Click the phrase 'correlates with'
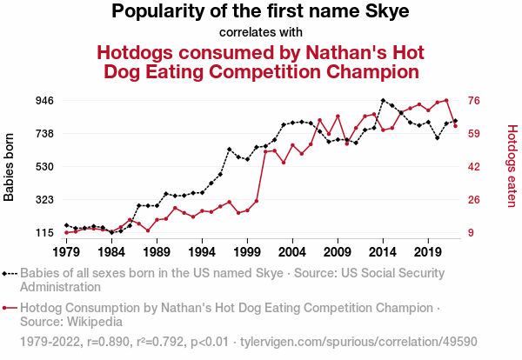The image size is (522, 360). (260, 33)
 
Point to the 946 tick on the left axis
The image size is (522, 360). (44, 101)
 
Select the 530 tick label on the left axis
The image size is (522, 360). (44, 167)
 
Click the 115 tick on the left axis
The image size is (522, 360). (44, 233)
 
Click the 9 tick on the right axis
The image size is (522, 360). (472, 233)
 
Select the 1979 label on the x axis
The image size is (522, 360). (66, 252)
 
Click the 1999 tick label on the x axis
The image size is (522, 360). (247, 252)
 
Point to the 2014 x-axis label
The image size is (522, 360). (383, 252)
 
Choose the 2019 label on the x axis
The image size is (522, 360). (428, 252)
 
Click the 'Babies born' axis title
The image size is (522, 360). (10, 167)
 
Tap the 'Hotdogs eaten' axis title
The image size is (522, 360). (512, 167)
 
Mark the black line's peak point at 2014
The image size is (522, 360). (383, 100)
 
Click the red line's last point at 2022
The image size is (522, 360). (455, 126)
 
